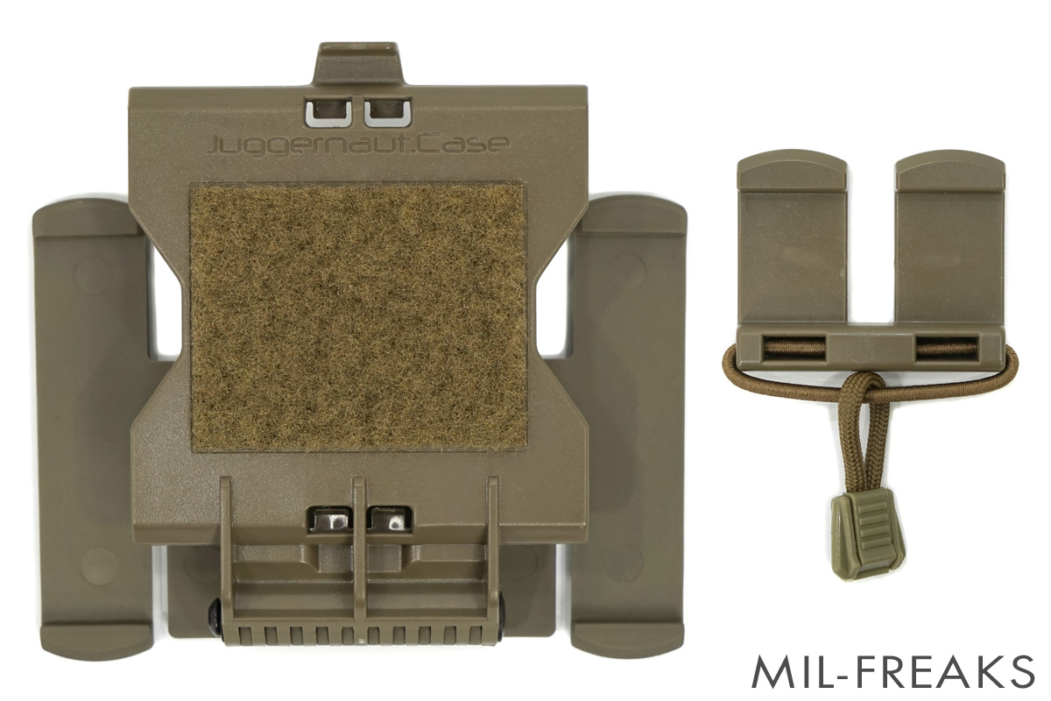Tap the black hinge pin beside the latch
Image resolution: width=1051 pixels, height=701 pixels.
click(x=215, y=616)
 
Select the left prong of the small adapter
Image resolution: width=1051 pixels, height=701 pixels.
click(x=792, y=237)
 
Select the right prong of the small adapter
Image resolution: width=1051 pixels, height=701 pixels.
click(x=949, y=237)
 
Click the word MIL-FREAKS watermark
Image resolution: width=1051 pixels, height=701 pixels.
click(x=893, y=671)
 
